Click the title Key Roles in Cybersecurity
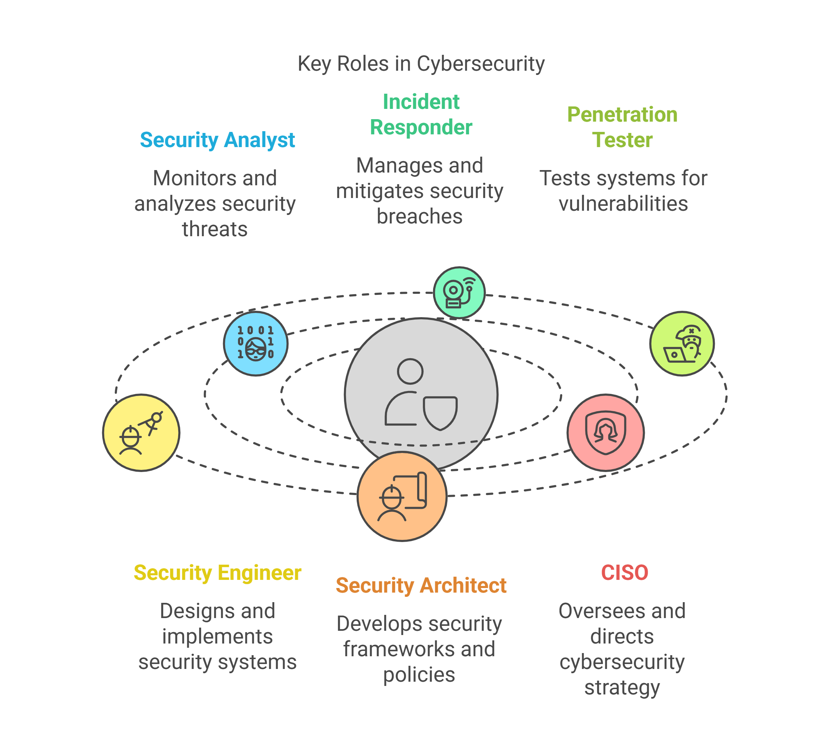[x=421, y=64]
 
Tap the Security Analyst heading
[x=217, y=140]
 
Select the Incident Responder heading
[x=421, y=114]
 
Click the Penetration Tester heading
[x=622, y=127]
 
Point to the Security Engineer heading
[x=217, y=573]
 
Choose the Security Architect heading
[x=421, y=586]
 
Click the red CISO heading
[x=625, y=573]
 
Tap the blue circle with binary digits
[x=256, y=344]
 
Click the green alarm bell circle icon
[x=459, y=292]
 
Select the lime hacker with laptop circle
[x=682, y=344]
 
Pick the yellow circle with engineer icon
[x=141, y=433]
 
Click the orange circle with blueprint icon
[x=402, y=496]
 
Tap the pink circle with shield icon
[x=606, y=433]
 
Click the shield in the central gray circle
[x=440, y=413]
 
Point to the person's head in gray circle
[x=410, y=371]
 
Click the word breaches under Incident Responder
[x=420, y=217]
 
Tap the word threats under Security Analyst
[x=215, y=229]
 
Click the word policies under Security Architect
[x=419, y=675]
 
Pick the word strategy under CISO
[x=622, y=687]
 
